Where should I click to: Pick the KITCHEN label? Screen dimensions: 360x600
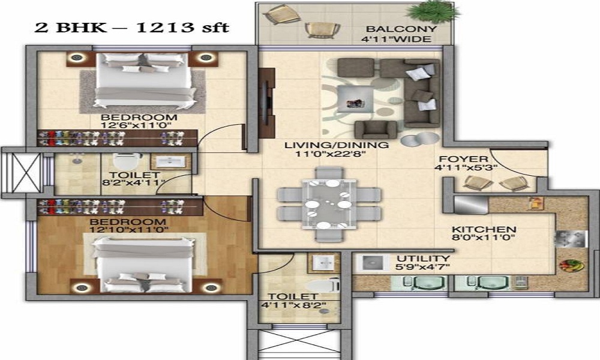coord(484,230)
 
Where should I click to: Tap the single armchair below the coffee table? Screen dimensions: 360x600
coord(375,128)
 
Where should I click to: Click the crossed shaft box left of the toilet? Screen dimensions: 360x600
coord(23,173)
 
